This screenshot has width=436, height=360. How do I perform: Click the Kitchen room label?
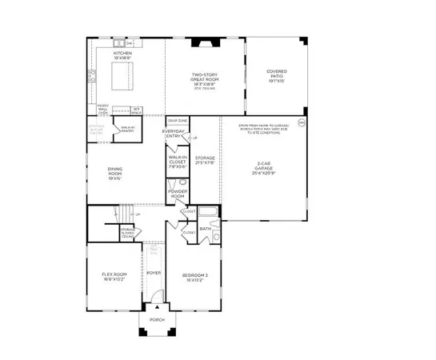(122, 55)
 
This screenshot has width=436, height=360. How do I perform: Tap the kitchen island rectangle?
(122, 81)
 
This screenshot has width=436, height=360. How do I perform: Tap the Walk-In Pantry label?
(128, 128)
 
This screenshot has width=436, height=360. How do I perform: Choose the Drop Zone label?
(177, 120)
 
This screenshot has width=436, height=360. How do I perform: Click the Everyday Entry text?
(174, 134)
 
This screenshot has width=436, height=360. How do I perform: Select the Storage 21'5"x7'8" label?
(205, 160)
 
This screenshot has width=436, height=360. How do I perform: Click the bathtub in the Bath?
(207, 214)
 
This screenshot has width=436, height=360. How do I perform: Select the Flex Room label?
(114, 277)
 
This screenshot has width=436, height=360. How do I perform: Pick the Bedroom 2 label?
(192, 277)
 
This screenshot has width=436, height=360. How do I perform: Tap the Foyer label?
(154, 273)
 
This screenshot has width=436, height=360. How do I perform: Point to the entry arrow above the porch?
(158, 306)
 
